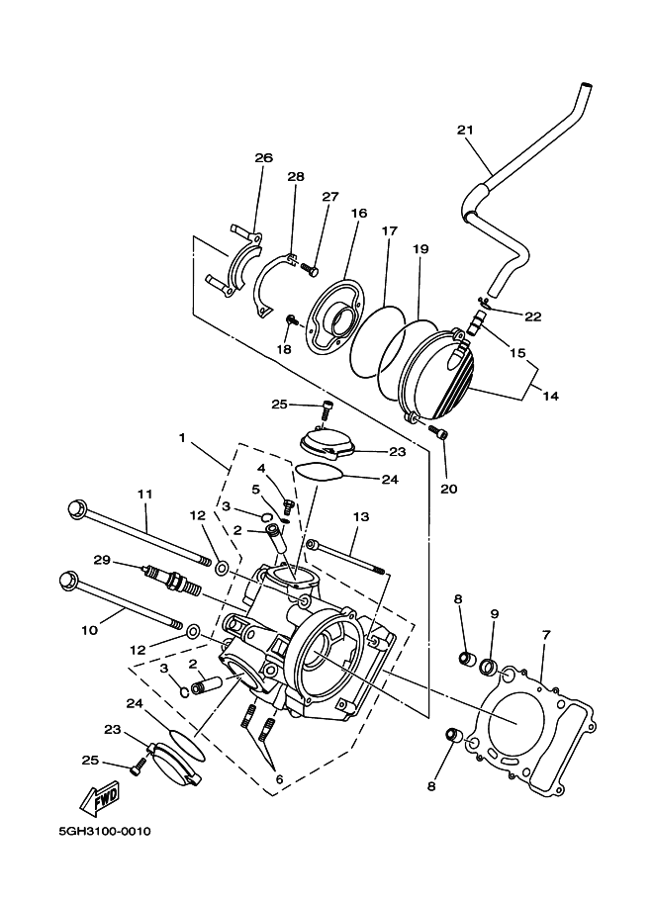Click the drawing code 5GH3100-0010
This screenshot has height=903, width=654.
point(104,831)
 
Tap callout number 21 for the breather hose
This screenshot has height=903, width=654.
point(465,130)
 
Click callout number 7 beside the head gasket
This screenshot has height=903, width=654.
point(546,635)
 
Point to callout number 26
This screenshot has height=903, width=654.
point(264,157)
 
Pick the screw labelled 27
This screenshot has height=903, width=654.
point(310,268)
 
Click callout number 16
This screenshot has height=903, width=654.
point(359,213)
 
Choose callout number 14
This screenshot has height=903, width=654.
point(551,396)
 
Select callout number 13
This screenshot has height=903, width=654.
point(361,516)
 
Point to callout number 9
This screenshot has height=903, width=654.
point(495,614)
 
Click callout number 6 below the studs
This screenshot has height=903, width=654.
point(279,779)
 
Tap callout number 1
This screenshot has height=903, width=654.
point(182,438)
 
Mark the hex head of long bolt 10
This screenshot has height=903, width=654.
point(68,580)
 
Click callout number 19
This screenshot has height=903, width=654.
point(420,249)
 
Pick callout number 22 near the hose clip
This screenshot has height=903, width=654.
point(533,316)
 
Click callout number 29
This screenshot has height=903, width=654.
point(103,559)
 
